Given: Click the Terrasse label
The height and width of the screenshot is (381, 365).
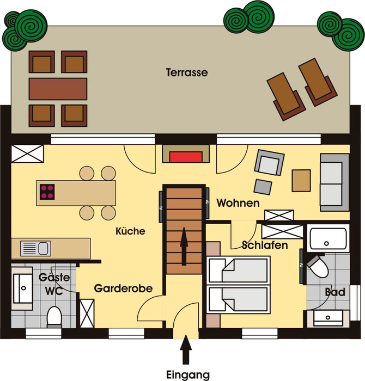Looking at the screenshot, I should point(187,72).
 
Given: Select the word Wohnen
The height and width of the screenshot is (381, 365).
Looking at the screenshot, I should point(238,203).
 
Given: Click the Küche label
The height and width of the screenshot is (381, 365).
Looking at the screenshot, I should point(131,231).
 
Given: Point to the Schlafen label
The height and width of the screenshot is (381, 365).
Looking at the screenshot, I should point(265,245).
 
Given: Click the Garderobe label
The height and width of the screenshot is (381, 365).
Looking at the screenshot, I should point(123,288).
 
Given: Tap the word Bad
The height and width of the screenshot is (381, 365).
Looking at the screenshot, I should point(334,292).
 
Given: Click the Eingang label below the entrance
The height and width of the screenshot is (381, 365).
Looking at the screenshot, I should point(187,374).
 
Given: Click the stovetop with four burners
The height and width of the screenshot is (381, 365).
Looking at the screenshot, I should point(48,191).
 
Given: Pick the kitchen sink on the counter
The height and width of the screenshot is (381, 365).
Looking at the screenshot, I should point(35,249).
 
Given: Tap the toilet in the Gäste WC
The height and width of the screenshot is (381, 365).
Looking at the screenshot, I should point(54,315).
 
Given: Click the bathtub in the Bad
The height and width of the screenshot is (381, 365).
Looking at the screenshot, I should point(327,238).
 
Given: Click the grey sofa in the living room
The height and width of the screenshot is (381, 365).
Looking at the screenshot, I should point(334,182).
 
